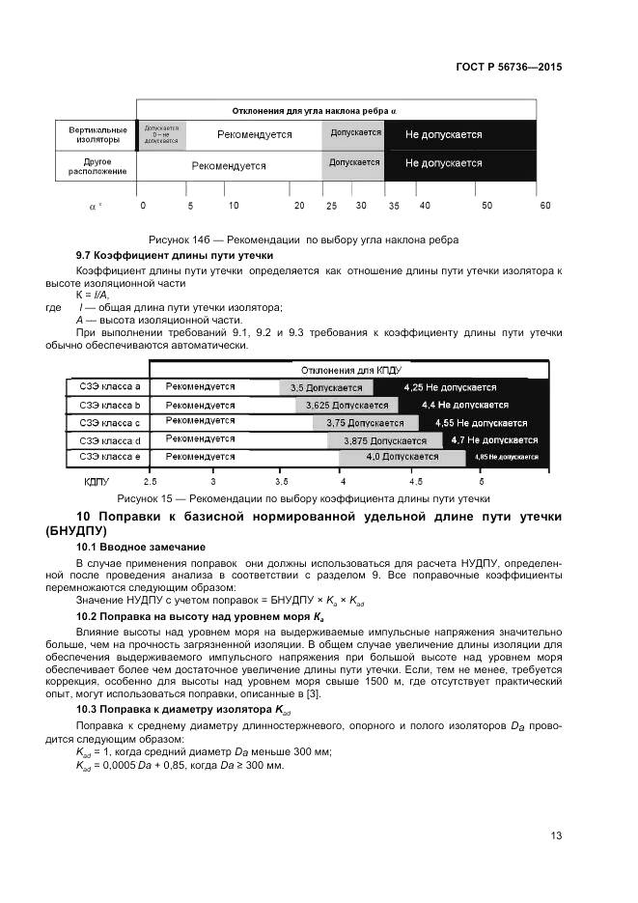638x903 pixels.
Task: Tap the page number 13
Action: pos(556,835)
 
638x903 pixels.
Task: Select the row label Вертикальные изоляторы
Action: pos(97,134)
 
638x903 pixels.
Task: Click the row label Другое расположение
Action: pos(97,165)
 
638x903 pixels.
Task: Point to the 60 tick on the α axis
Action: pos(545,206)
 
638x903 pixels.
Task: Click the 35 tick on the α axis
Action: pos(394,206)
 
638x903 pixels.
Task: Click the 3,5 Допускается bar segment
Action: pos(326,387)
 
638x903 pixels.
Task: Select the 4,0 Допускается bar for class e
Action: pos(402,457)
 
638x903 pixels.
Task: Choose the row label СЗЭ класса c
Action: pos(109,422)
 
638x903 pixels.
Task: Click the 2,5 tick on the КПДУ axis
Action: pos(150,480)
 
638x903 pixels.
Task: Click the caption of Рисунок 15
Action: pos(303,498)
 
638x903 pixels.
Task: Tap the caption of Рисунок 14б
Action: pos(303,239)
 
